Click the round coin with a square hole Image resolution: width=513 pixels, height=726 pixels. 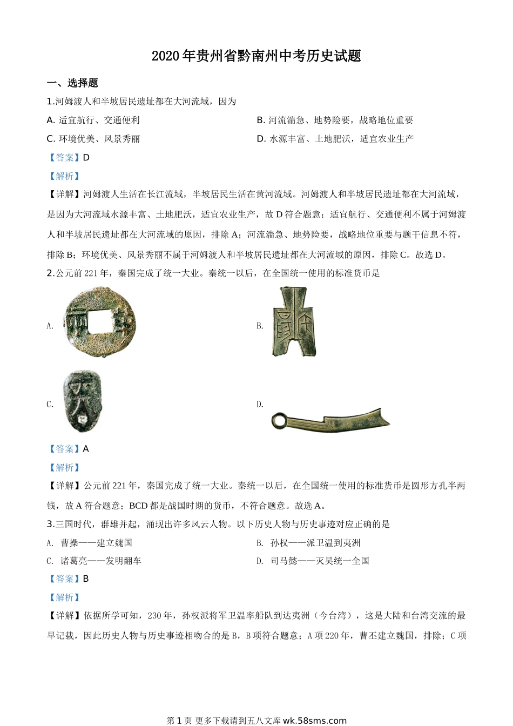pyautogui.click(x=99, y=322)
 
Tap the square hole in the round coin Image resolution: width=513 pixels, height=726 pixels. pyautogui.click(x=98, y=321)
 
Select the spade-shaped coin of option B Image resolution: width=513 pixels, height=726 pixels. pyautogui.click(x=294, y=322)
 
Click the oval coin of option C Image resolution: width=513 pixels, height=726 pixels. pyautogui.click(x=82, y=401)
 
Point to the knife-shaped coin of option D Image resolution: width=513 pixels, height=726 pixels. pyautogui.click(x=330, y=420)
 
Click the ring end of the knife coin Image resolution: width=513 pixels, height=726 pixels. pyautogui.click(x=280, y=420)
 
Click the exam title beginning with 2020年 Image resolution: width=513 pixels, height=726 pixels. pyautogui.click(x=256, y=56)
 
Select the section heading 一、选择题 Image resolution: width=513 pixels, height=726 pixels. pyautogui.click(x=72, y=83)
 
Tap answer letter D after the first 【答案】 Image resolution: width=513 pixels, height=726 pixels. pyautogui.click(x=86, y=158)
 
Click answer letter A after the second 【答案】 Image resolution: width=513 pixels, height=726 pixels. pyautogui.click(x=86, y=449)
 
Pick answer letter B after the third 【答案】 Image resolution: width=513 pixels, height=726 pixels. pyautogui.click(x=86, y=579)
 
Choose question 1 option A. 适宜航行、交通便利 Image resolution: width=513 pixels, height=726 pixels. pyautogui.click(x=93, y=120)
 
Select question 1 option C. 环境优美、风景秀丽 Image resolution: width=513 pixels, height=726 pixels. pyautogui.click(x=93, y=139)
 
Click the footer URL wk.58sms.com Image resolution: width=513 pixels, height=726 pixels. pyautogui.click(x=314, y=721)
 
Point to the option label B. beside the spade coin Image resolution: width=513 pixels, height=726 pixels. pyautogui.click(x=260, y=326)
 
